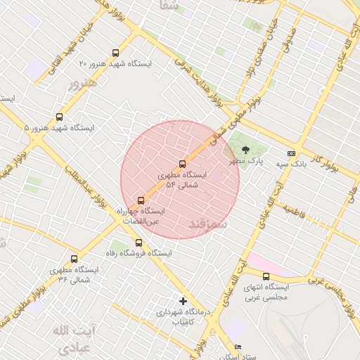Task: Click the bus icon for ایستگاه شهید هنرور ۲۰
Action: (x=115, y=53)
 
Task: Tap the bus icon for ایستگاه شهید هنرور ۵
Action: (x=59, y=117)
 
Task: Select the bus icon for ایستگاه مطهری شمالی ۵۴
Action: (x=183, y=164)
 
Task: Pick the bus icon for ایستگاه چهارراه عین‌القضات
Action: (x=141, y=200)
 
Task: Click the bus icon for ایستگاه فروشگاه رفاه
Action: (x=139, y=243)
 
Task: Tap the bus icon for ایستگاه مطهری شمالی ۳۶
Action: (x=75, y=259)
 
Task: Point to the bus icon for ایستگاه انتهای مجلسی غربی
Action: (x=266, y=276)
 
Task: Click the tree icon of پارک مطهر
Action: (x=245, y=150)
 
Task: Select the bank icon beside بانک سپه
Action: (x=291, y=153)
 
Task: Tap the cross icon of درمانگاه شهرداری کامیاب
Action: (x=183, y=301)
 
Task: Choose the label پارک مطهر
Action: (x=245, y=161)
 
